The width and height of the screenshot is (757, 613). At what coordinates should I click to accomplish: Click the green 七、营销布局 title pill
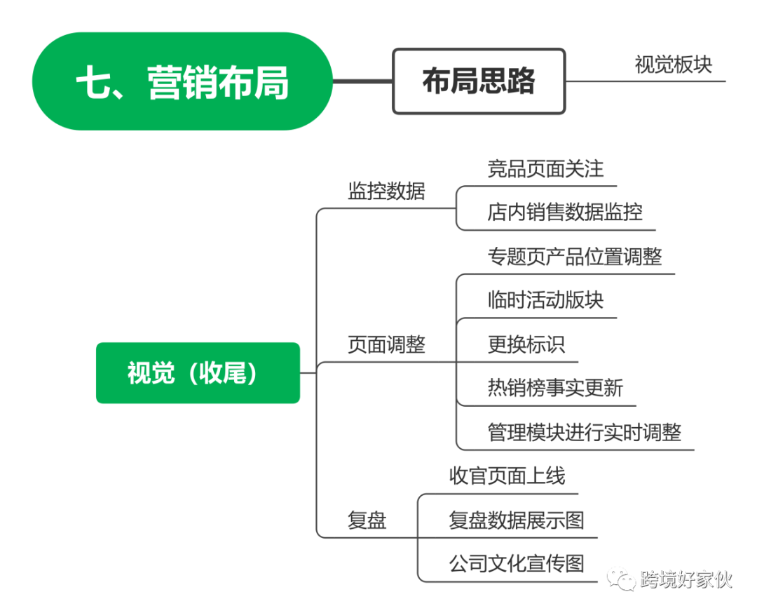tap(182, 81)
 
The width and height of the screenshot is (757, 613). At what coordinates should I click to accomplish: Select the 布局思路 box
tap(479, 81)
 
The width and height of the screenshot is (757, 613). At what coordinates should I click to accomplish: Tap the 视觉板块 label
tap(673, 64)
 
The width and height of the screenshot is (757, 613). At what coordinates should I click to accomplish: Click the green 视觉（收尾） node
tap(198, 373)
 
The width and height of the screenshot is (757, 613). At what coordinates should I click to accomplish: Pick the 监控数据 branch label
tap(386, 190)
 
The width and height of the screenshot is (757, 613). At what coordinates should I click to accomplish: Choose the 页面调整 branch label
tap(386, 344)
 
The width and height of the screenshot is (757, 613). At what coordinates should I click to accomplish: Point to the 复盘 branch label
tap(367, 520)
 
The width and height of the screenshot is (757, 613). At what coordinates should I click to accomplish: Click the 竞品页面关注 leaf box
tap(545, 168)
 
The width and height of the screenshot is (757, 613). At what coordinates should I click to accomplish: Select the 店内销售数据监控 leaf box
tap(565, 212)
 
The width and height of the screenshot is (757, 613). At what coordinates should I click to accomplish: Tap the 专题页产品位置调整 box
tap(575, 256)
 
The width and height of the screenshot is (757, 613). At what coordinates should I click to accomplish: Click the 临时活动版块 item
tap(545, 300)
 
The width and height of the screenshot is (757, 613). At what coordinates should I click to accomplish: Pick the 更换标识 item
tap(526, 344)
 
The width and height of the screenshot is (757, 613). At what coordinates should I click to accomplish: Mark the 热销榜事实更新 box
tap(555, 388)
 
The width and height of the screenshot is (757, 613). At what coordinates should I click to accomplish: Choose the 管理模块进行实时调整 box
tap(585, 432)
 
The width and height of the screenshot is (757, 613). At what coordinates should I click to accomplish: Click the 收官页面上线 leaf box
tap(507, 476)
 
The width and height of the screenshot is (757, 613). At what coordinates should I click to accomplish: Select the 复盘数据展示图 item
tap(517, 520)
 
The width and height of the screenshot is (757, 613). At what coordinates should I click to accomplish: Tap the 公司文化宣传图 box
tap(517, 563)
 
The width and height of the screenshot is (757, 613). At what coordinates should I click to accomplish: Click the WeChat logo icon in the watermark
tap(621, 579)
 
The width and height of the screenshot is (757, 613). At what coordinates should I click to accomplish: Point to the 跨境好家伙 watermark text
tap(686, 580)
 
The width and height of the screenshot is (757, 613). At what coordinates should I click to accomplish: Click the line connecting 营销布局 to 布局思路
tap(362, 81)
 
